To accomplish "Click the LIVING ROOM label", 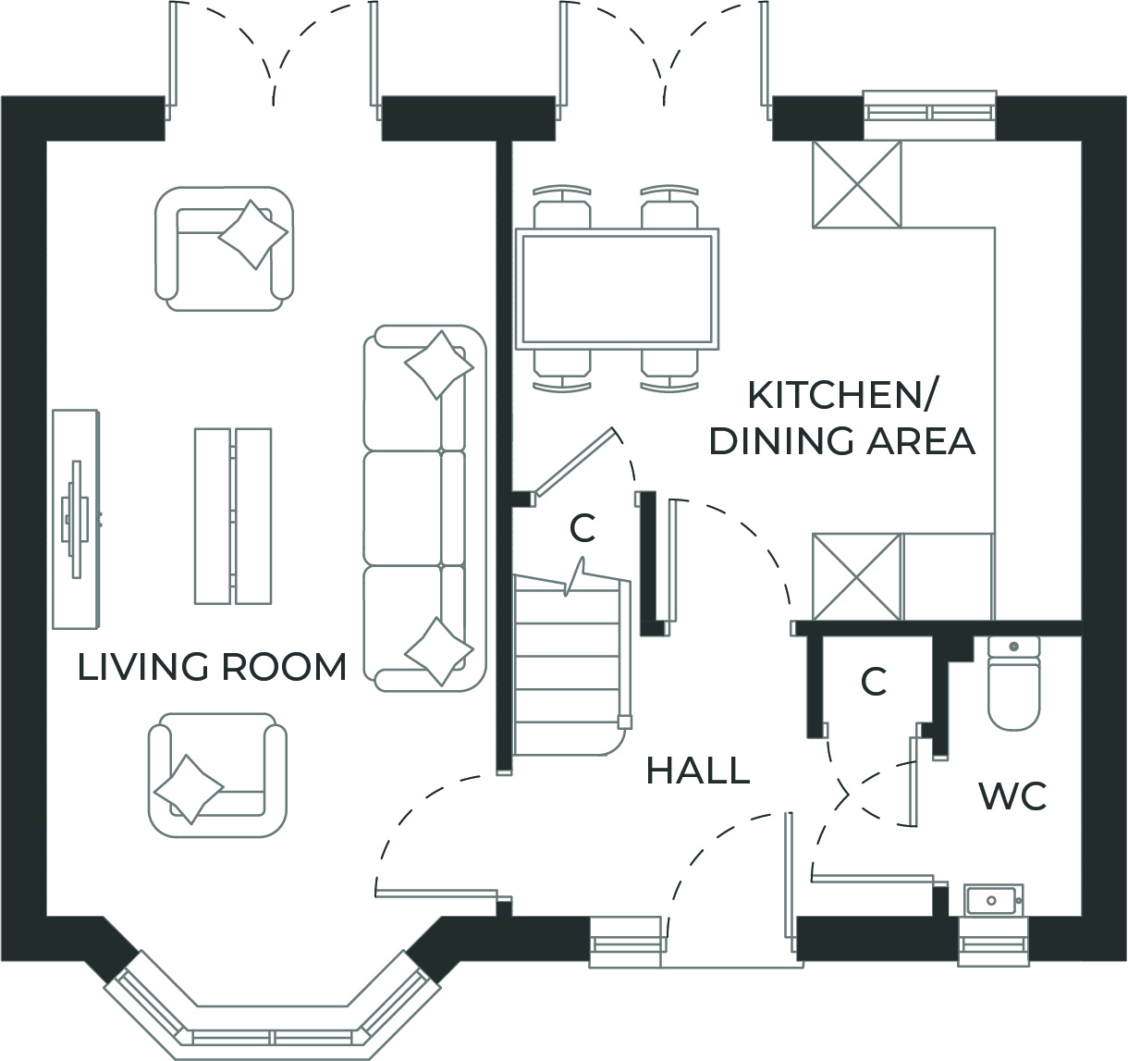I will [212, 667].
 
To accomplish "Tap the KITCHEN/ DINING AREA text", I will [841, 418].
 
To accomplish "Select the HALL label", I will [697, 771].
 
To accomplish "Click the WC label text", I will [1012, 796].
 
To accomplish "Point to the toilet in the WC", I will [1014, 684].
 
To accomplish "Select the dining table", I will [618, 289].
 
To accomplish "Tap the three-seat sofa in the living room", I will [424, 508].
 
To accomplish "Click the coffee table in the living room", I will [232, 515].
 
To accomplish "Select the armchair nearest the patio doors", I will [224, 248].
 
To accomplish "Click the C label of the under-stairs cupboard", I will [582, 528].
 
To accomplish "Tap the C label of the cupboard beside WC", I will [874, 683].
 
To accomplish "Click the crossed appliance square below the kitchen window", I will [856, 184].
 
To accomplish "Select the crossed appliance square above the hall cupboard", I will [856, 576].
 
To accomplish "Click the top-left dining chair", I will [561, 208].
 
